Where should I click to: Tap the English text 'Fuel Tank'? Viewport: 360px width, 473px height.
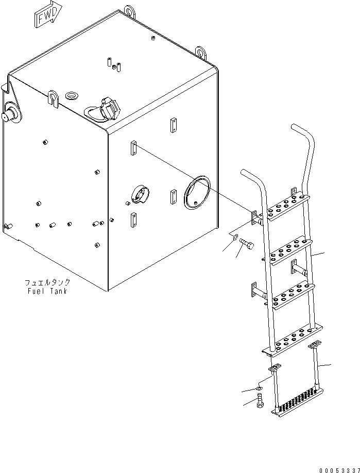(x=47, y=291)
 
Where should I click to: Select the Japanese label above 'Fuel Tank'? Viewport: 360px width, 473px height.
(x=47, y=283)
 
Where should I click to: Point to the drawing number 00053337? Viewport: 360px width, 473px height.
(x=337, y=469)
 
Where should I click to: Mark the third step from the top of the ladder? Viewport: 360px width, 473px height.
(x=291, y=296)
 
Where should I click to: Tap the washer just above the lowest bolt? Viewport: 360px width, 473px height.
(x=260, y=387)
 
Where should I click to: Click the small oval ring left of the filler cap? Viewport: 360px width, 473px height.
(x=72, y=95)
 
